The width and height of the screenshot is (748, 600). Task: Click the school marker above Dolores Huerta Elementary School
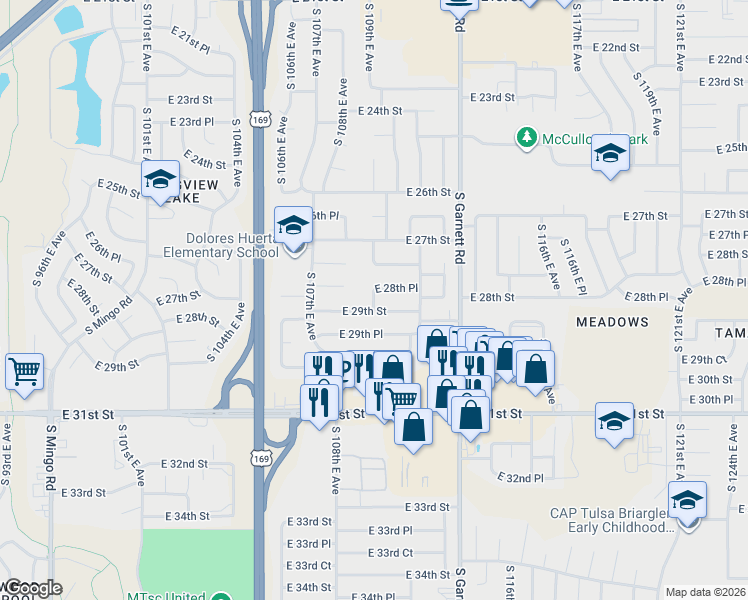(x=293, y=225)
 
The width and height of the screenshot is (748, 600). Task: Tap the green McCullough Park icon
(x=526, y=136)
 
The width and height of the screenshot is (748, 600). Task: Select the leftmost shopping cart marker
(x=25, y=371)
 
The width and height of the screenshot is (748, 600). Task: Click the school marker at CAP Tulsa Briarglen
(x=687, y=500)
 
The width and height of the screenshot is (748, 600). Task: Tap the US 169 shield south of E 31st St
(x=260, y=457)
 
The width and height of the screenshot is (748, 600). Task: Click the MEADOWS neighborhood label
(x=612, y=322)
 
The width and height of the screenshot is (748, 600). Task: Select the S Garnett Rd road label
(x=461, y=222)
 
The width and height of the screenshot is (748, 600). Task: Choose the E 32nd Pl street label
(x=523, y=478)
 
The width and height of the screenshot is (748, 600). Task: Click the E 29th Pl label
(x=361, y=334)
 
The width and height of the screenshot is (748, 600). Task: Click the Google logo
(x=33, y=588)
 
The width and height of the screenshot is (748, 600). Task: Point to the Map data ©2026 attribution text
(x=705, y=592)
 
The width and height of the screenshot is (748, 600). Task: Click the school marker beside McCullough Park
(x=610, y=153)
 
